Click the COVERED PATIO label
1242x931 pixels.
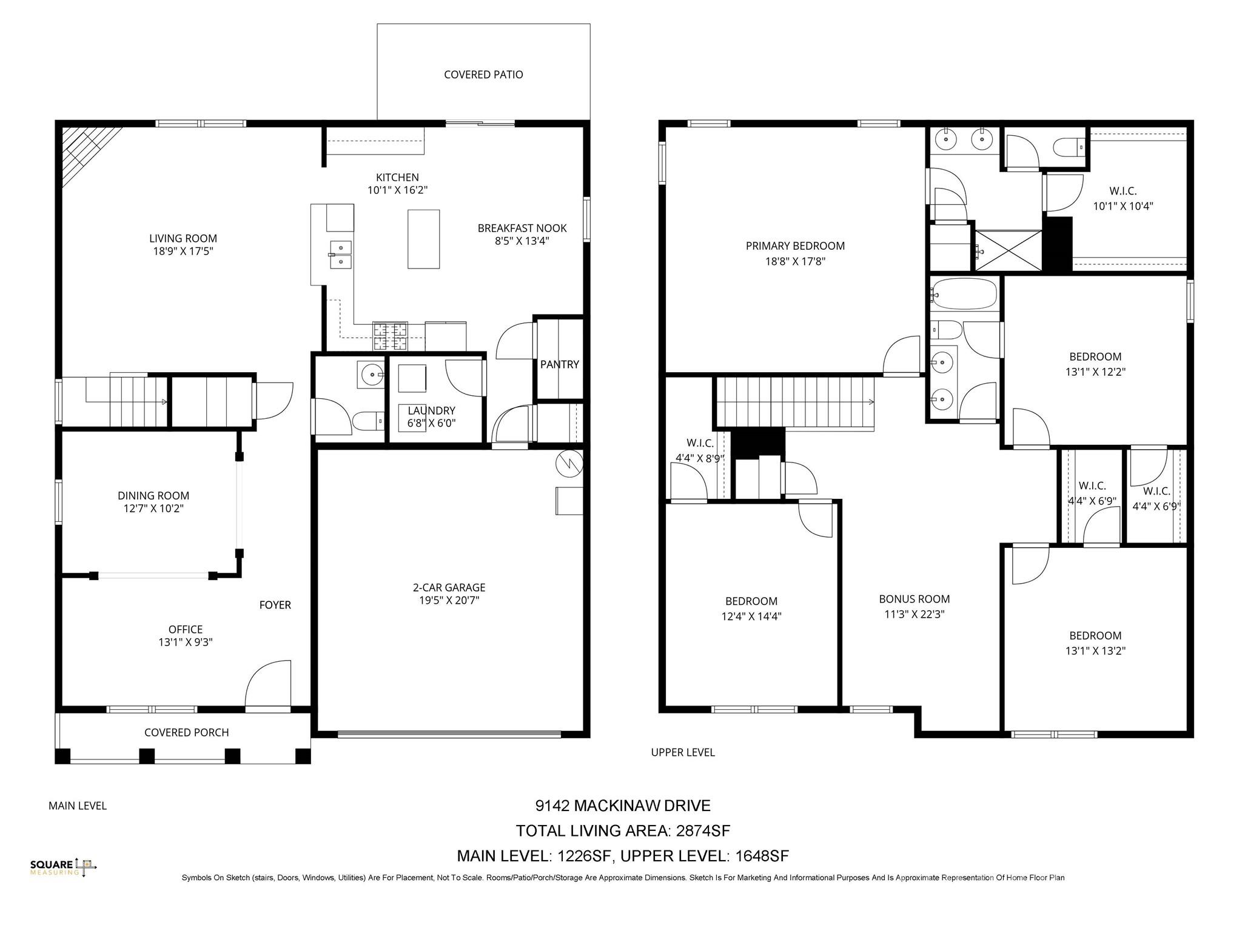pos(483,75)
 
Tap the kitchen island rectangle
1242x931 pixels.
pos(423,239)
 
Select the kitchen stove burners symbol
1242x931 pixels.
pos(391,337)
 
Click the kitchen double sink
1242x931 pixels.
pos(340,255)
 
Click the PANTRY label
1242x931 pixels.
pos(559,364)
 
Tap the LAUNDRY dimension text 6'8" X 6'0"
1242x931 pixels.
pos(431,423)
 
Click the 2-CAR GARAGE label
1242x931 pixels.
pos(449,587)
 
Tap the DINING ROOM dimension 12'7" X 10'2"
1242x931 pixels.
pos(153,508)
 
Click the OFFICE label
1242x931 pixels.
pos(186,629)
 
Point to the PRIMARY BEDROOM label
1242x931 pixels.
pos(795,246)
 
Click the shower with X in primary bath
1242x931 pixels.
pos(1008,250)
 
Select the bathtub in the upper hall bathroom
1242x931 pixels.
pos(964,295)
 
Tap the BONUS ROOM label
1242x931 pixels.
pos(914,599)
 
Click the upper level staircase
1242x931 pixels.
pos(794,401)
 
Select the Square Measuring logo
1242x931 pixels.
pos(63,867)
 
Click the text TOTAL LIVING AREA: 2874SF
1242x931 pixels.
pos(623,830)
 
